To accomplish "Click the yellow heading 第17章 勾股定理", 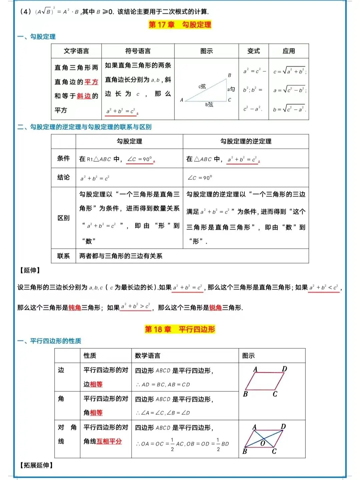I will coord(180,25).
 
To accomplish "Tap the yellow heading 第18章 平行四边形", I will coord(180,329).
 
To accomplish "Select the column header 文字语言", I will coord(76,51).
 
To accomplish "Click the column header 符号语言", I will coord(138,51).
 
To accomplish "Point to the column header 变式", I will coord(253,51).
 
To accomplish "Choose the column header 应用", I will coord(289,51).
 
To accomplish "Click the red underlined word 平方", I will coord(91,82).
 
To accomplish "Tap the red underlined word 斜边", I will coord(84,96).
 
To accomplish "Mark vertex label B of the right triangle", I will coord(229,75).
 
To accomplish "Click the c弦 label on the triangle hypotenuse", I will coord(202,86).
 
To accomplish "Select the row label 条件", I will coord(63,158).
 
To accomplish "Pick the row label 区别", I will coord(63,218).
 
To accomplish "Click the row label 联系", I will coord(63,256).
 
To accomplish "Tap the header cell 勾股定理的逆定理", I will coord(246,141).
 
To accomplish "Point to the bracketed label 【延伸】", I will coord(30,270).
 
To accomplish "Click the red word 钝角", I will coord(75,308).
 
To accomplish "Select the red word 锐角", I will coord(215,308).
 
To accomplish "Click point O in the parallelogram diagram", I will coord(263,443).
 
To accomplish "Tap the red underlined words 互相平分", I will coord(109,441).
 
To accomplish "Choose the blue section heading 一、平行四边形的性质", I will coord(49,341).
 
